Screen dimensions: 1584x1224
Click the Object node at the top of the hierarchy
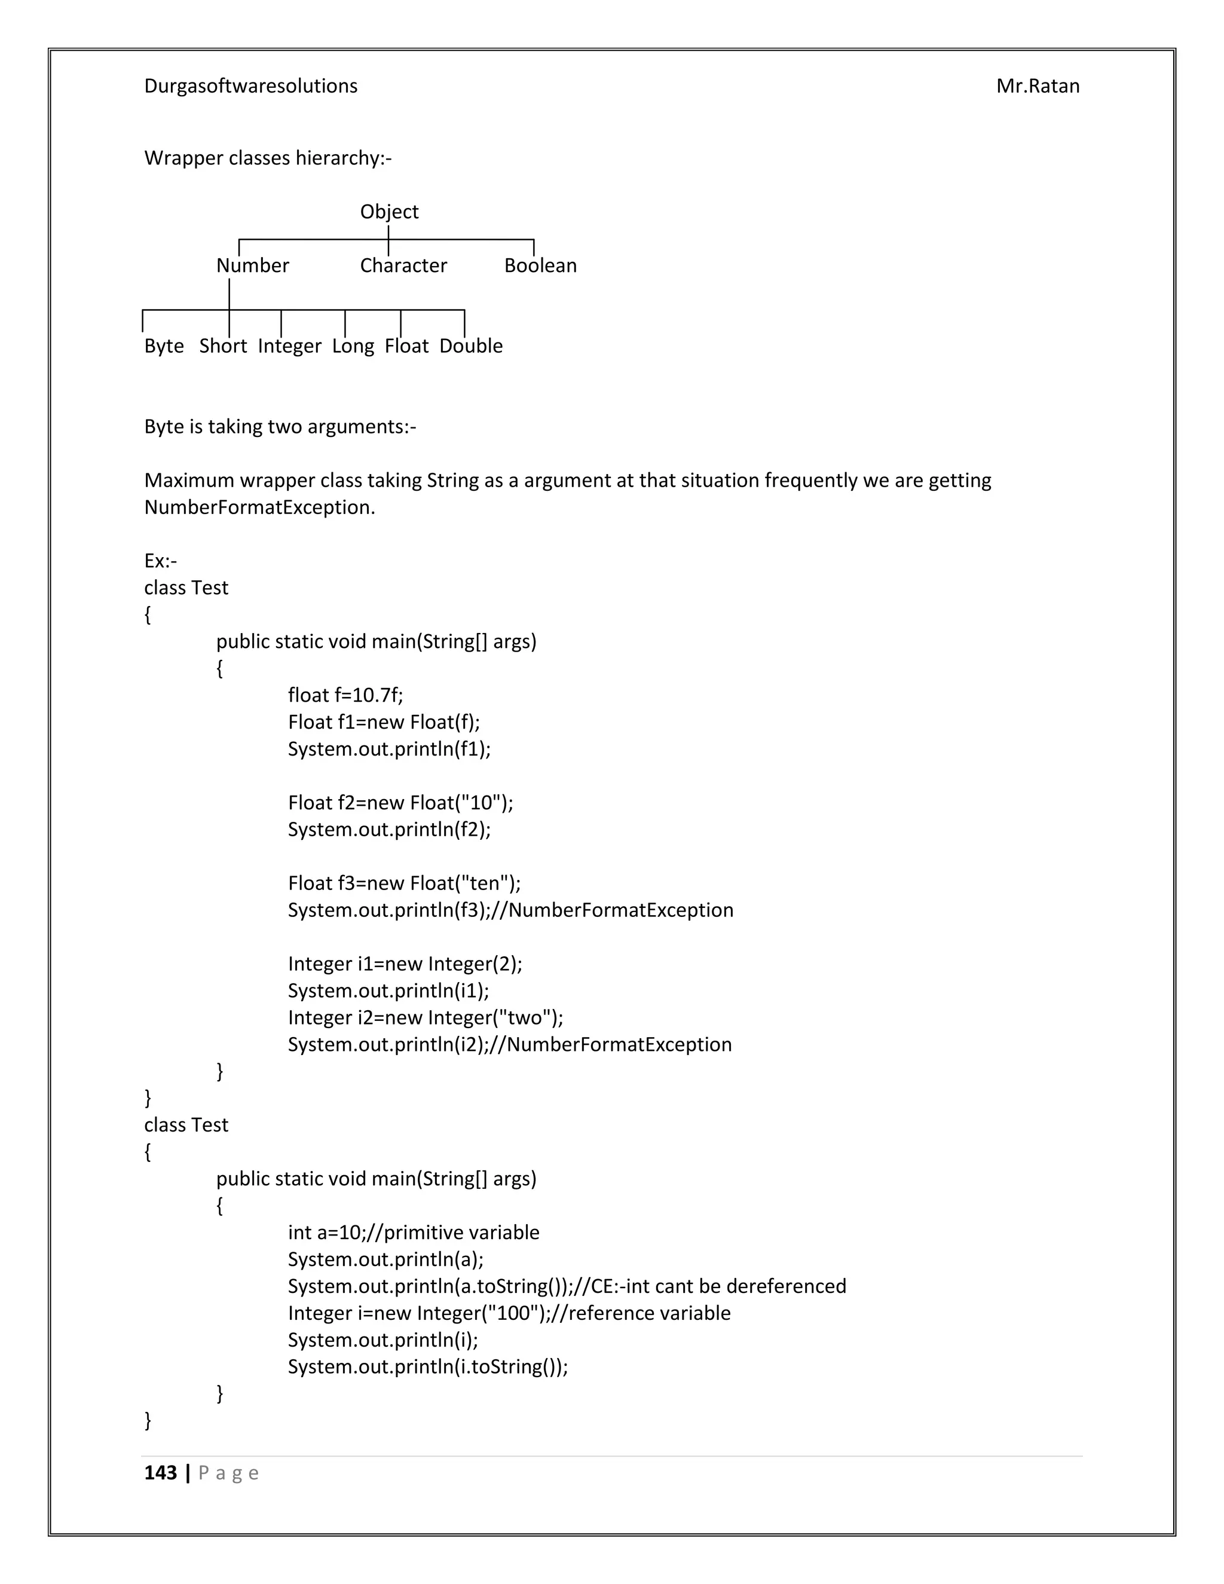pos(390,212)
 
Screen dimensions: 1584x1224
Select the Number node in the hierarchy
pos(252,265)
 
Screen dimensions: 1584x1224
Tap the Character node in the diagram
pos(403,265)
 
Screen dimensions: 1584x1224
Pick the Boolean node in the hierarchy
pos(540,265)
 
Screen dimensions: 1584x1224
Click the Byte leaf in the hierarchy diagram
pos(164,346)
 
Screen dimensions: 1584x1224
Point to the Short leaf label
pos(222,346)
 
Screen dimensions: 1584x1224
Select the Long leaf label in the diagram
pos(353,346)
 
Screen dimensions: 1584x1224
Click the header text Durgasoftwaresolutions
pos(251,86)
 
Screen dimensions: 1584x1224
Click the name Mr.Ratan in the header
pos(1038,86)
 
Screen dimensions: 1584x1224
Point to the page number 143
pos(160,1473)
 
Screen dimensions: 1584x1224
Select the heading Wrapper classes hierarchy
pos(268,158)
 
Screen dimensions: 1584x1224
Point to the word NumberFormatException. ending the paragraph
pos(259,507)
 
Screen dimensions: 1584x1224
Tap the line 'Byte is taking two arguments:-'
pos(280,426)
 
